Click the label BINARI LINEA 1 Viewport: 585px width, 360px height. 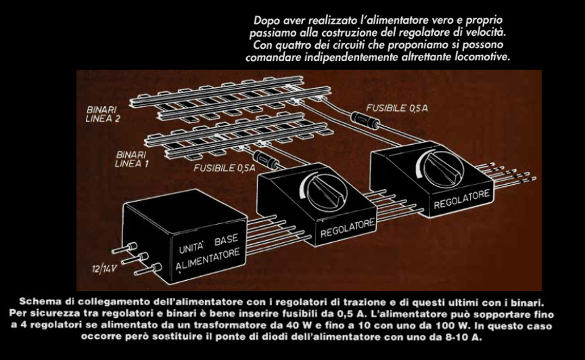(131, 159)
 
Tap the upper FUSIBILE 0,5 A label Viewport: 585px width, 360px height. (396, 108)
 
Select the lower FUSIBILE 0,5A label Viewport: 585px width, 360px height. (225, 168)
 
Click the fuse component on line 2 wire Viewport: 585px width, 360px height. (365, 120)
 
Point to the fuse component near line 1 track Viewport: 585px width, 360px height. (266, 160)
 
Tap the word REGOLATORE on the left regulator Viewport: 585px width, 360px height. (348, 228)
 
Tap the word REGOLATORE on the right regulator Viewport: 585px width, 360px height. (461, 199)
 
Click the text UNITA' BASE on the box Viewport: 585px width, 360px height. (208, 244)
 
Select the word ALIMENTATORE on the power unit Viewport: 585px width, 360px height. (208, 260)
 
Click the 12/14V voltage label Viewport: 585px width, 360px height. (104, 269)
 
